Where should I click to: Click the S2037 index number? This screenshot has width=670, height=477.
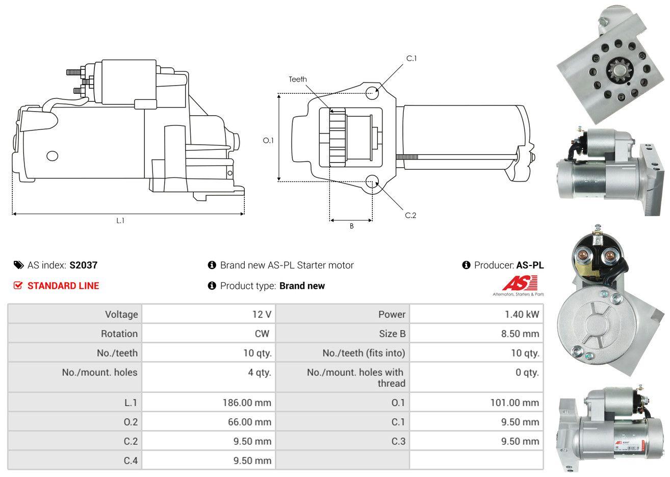pyautogui.click(x=84, y=265)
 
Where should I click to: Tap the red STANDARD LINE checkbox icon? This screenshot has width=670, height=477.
pyautogui.click(x=18, y=285)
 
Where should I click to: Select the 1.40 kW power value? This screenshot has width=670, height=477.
pyautogui.click(x=522, y=314)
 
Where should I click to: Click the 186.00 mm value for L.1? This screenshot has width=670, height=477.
pyautogui.click(x=247, y=403)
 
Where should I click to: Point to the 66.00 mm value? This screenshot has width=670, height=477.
pyautogui.click(x=249, y=422)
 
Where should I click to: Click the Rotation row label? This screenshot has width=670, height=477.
pyautogui.click(x=119, y=333)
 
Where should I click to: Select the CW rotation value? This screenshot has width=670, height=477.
pyautogui.click(x=262, y=333)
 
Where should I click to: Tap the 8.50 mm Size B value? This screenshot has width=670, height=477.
pyautogui.click(x=520, y=333)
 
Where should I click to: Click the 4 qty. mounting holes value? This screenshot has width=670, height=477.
pyautogui.click(x=260, y=373)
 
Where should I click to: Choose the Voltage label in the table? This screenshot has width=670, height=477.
pyautogui.click(x=121, y=314)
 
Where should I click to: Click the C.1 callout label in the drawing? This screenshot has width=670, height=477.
pyautogui.click(x=411, y=59)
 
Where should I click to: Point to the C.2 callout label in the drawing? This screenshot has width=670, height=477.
pyautogui.click(x=410, y=215)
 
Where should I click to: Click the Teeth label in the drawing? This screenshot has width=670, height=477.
pyautogui.click(x=298, y=79)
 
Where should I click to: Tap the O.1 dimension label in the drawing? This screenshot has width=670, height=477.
pyautogui.click(x=268, y=140)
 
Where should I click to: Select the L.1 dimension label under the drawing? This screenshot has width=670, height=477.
pyautogui.click(x=120, y=221)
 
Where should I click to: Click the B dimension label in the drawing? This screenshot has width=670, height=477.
pyautogui.click(x=352, y=226)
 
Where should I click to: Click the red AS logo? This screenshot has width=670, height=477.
pyautogui.click(x=520, y=283)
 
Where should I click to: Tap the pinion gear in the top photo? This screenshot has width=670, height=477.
pyautogui.click(x=620, y=70)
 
